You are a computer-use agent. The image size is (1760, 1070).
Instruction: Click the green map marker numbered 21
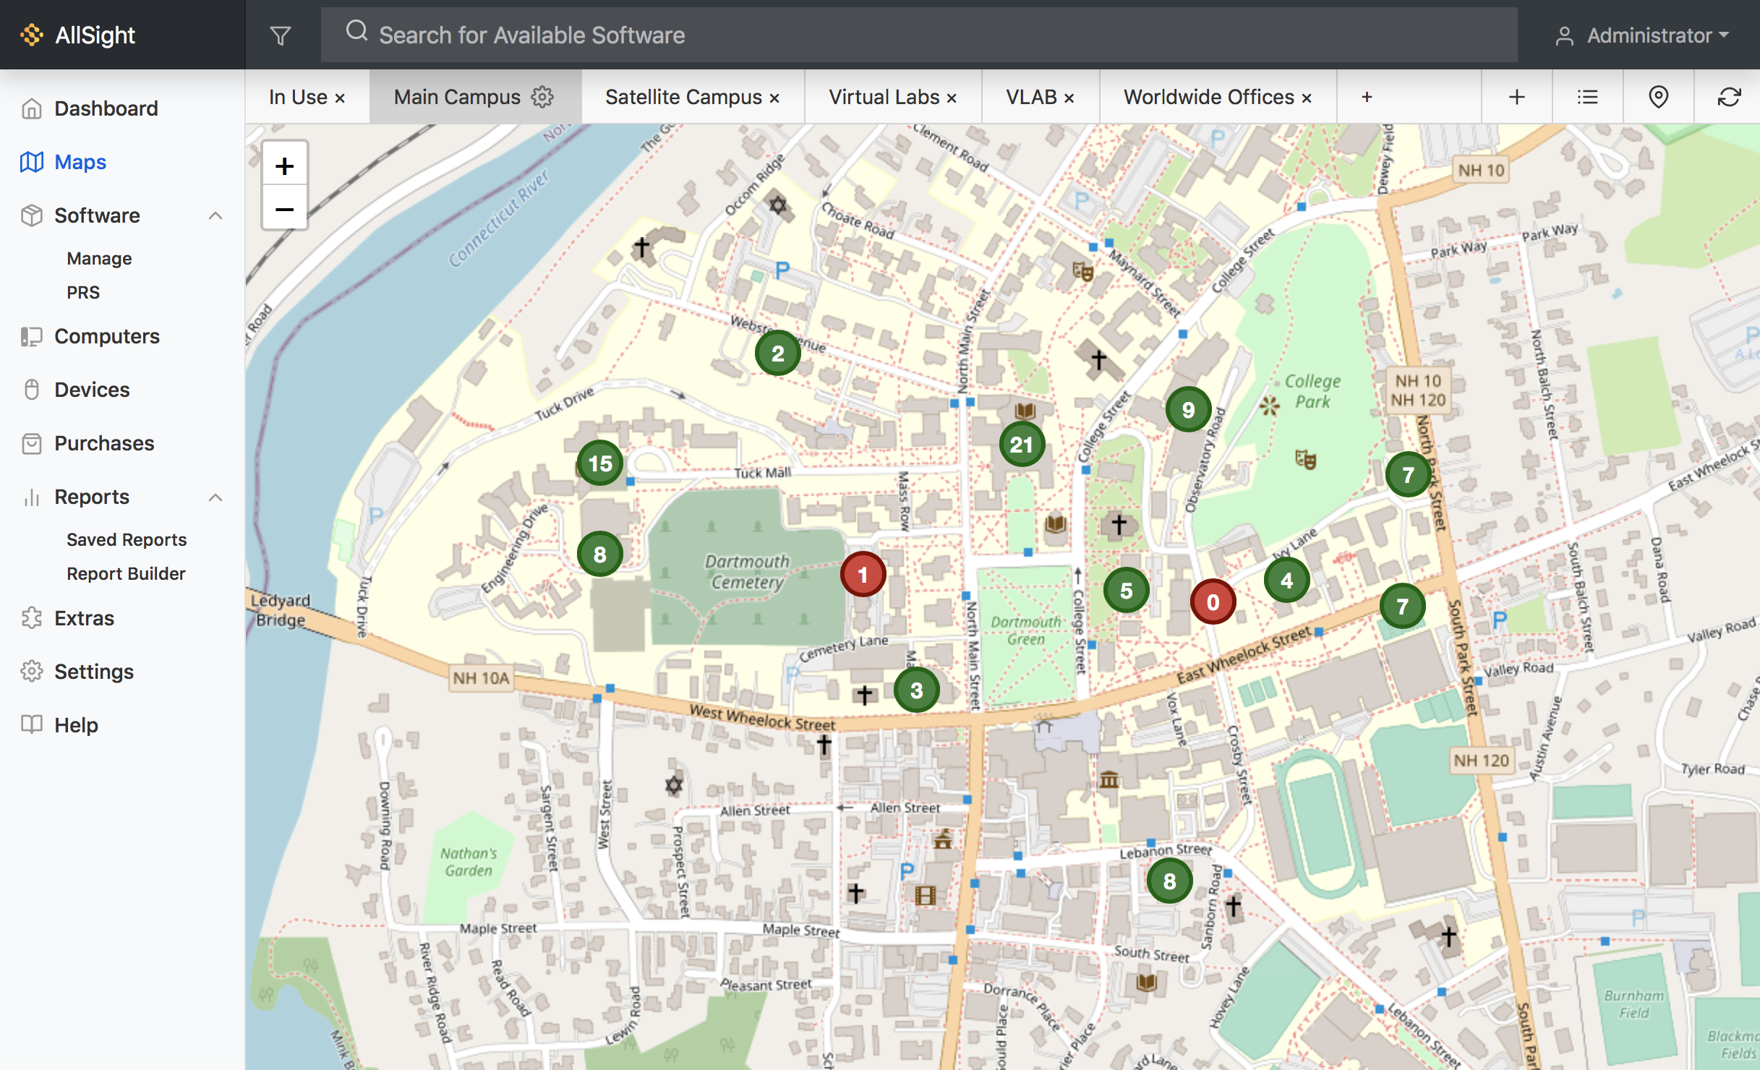pyautogui.click(x=1022, y=444)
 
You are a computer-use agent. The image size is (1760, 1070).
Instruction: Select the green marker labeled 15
pyautogui.click(x=600, y=463)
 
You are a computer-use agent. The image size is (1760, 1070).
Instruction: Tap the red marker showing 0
pyautogui.click(x=1213, y=602)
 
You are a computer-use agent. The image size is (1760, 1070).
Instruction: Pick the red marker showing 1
pyautogui.click(x=863, y=574)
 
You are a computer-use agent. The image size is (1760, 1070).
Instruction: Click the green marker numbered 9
pyautogui.click(x=1188, y=410)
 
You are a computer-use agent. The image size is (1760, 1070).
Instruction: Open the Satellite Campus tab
pyautogui.click(x=683, y=97)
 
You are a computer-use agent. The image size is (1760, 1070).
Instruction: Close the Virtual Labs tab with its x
pyautogui.click(x=952, y=98)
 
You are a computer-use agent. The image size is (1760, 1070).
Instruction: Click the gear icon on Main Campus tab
pyautogui.click(x=542, y=97)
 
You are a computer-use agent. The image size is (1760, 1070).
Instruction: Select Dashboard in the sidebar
pyautogui.click(x=106, y=108)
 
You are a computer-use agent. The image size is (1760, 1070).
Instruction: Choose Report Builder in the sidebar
pyautogui.click(x=126, y=573)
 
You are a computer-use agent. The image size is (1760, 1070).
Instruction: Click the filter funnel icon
pyautogui.click(x=281, y=35)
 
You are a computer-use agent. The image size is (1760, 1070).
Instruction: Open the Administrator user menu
pyautogui.click(x=1641, y=35)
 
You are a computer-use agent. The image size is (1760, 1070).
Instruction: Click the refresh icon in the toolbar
pyautogui.click(x=1729, y=97)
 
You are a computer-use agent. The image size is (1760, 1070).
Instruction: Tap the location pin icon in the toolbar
pyautogui.click(x=1658, y=97)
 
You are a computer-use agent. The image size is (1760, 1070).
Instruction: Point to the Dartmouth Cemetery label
pyautogui.click(x=747, y=571)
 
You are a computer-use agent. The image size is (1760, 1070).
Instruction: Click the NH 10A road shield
pyautogui.click(x=482, y=678)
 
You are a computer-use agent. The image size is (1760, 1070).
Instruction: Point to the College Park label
pyautogui.click(x=1312, y=391)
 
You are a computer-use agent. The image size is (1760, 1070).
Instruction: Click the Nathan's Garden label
pyautogui.click(x=469, y=862)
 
